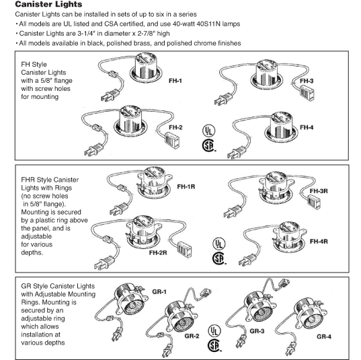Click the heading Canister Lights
pyautogui.click(x=48, y=4)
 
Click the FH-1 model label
pyautogui.click(x=175, y=81)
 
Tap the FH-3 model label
pyautogui.click(x=307, y=81)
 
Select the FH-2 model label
pyautogui.click(x=175, y=127)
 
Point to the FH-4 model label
pyautogui.click(x=307, y=127)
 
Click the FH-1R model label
pyautogui.click(x=186, y=186)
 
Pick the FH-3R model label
pyautogui.click(x=319, y=191)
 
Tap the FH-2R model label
pyautogui.click(x=158, y=252)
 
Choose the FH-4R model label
pyautogui.click(x=319, y=242)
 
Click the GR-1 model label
pyautogui.click(x=159, y=291)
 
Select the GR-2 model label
pyautogui.click(x=192, y=336)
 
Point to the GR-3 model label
pyautogui.click(x=257, y=331)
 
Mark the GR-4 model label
pyautogui.click(x=324, y=336)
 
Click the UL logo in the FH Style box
pyautogui.click(x=208, y=131)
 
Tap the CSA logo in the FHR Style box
pyautogui.click(x=219, y=258)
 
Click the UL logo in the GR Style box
pyautogui.click(x=214, y=331)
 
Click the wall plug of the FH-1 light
pyautogui.click(x=110, y=96)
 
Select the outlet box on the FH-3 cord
pyautogui.click(x=307, y=93)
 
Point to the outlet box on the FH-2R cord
pyautogui.click(x=184, y=250)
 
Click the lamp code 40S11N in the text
pyautogui.click(x=208, y=24)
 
